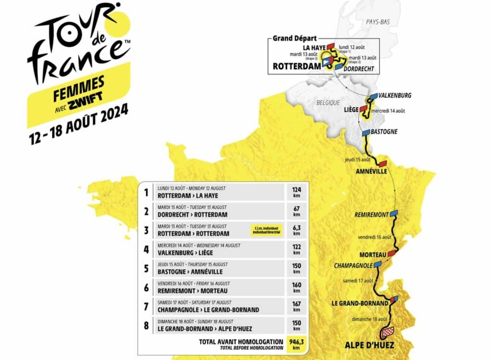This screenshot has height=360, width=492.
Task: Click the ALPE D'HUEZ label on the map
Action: [x=369, y=345]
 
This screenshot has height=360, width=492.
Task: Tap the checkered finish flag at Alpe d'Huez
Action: [x=387, y=332]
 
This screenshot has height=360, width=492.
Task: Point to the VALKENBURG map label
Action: [x=395, y=96]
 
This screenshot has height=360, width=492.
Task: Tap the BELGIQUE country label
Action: [x=328, y=103]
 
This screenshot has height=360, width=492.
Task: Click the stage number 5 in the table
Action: [x=146, y=268]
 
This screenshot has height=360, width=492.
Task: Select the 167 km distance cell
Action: [x=296, y=306]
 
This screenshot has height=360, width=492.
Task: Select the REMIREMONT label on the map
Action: [x=371, y=215]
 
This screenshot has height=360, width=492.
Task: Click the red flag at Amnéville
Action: [x=383, y=163]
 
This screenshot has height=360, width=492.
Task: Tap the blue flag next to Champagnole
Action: [x=378, y=264]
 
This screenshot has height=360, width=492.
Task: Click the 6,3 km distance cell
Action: [x=296, y=230]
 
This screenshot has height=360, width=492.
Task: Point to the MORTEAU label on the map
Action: [x=373, y=255]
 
